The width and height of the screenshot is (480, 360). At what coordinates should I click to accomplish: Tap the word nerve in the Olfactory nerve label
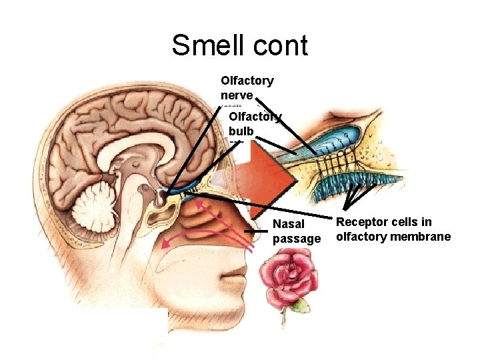(237, 95)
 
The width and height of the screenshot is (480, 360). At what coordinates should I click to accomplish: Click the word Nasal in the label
(289, 224)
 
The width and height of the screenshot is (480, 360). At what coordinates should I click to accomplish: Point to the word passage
(297, 238)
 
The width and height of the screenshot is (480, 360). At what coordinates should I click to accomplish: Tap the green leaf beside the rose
(301, 305)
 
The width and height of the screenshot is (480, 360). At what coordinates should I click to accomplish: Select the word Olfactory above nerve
(247, 81)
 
